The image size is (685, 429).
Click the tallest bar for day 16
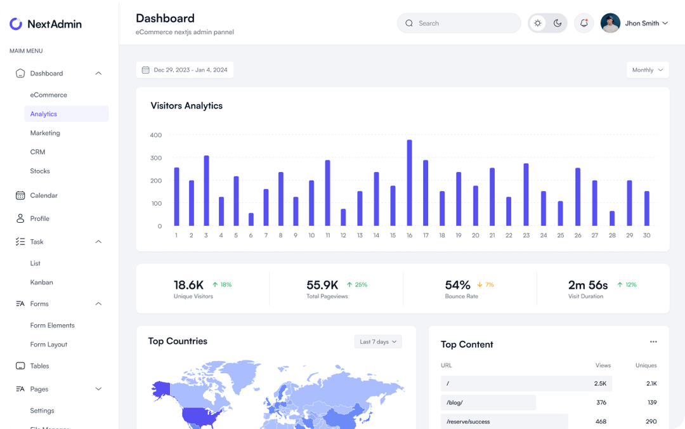pos(409,183)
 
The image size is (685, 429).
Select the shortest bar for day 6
pos(251,220)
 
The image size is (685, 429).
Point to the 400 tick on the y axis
pos(155,135)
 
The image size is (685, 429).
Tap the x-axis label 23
pos(526,235)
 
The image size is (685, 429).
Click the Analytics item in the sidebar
pos(44,114)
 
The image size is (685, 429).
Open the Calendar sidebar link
pos(44,195)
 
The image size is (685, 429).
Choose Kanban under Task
pos(41,282)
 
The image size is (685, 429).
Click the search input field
pos(466,23)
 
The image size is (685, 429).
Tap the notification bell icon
pos(584,23)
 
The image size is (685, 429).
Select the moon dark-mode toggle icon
pos(558,23)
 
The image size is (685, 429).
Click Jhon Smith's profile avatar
pos(610,23)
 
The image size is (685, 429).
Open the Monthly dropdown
pos(648,70)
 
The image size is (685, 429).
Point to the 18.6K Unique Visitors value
pos(188,285)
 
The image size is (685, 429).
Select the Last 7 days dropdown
pos(378,341)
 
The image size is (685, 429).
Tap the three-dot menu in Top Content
pos(653,342)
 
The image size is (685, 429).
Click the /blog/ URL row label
pos(455,402)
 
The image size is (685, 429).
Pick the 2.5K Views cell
pos(600,383)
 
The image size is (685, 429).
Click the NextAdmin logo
pos(46,24)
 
